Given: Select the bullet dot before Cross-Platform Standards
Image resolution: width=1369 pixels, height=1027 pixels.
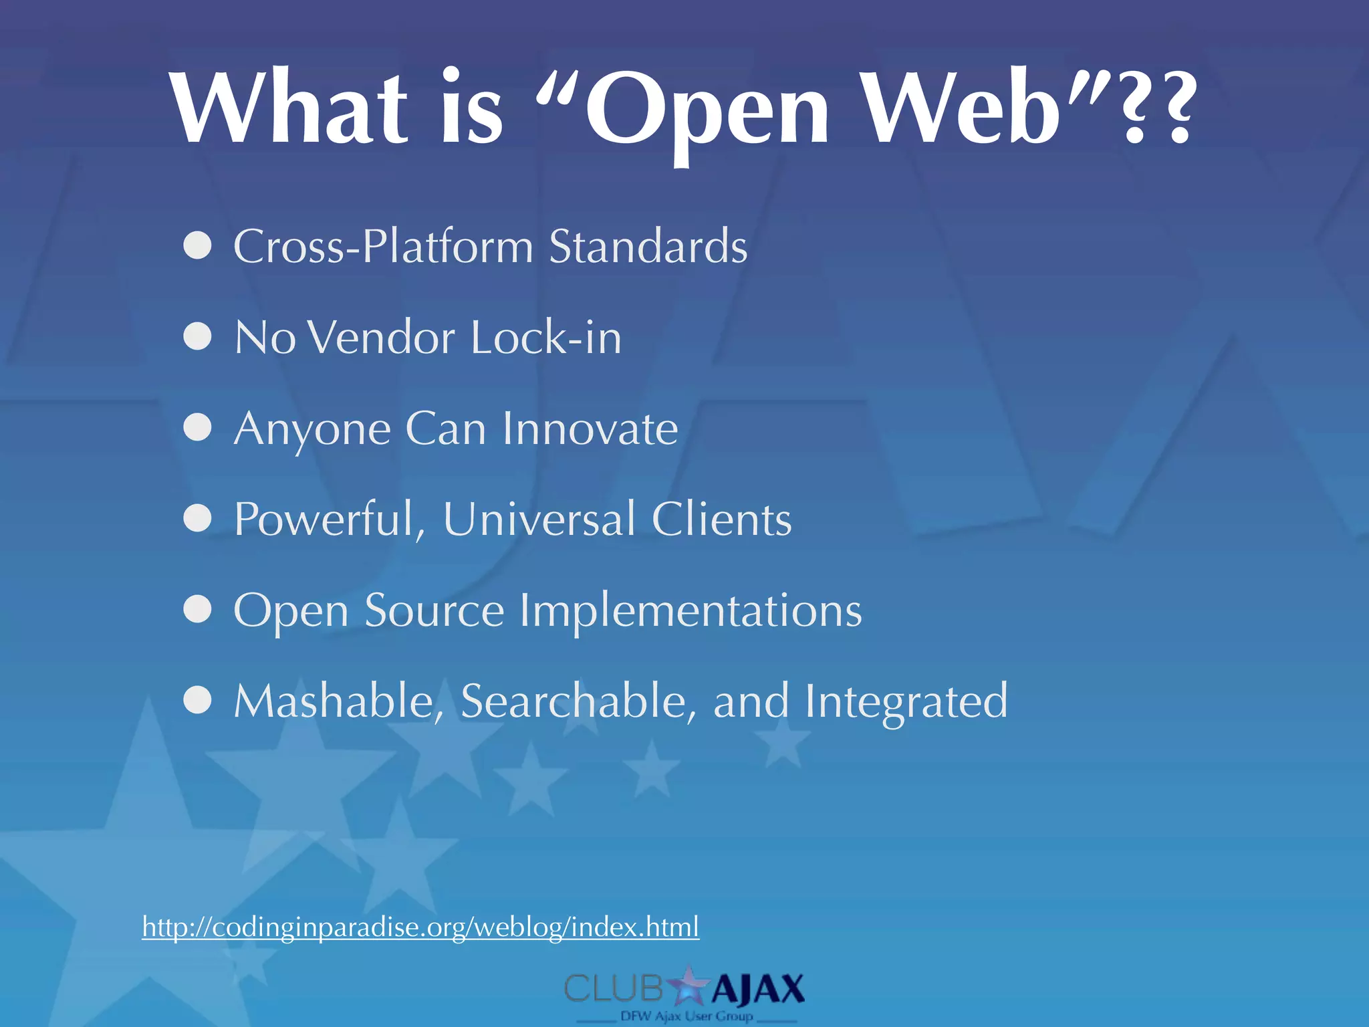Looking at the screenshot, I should [198, 246].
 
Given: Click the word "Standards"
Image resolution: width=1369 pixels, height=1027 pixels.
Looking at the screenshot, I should [647, 246].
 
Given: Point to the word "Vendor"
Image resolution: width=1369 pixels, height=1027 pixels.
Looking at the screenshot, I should [382, 337].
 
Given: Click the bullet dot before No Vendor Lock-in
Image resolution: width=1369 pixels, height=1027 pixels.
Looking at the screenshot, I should [198, 337].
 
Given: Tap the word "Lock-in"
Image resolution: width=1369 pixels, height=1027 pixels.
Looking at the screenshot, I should [545, 337].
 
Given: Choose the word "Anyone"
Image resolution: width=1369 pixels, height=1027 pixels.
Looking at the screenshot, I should [312, 429].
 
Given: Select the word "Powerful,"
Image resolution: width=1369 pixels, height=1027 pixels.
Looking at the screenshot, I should [330, 520].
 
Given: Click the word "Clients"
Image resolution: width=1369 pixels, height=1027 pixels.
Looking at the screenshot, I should [721, 520].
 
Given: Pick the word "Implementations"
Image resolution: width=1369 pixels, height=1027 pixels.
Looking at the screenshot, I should [691, 611].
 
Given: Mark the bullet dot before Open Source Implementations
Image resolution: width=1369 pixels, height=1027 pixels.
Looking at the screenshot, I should [198, 610].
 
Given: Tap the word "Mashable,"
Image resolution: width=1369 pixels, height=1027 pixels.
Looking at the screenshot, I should [339, 702].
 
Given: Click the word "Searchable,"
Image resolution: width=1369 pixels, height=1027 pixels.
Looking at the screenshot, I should [578, 702].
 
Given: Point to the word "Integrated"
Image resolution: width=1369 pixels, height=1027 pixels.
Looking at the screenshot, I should [906, 702].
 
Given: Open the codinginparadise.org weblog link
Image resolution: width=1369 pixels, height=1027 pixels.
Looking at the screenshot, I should [420, 927].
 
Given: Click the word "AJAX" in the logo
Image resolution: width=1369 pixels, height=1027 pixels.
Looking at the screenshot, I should [757, 990].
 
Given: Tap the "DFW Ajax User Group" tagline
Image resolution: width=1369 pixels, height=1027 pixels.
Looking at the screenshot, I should [687, 1016].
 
